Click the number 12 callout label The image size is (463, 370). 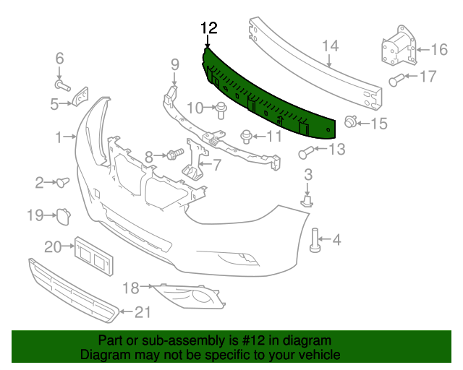click(208, 28)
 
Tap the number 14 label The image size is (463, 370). click(330, 47)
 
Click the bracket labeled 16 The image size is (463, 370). click(395, 50)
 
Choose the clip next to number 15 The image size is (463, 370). click(351, 122)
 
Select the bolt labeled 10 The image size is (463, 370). click(221, 110)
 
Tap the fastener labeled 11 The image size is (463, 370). click(247, 135)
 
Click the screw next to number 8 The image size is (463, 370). click(174, 154)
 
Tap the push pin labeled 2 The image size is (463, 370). click(61, 181)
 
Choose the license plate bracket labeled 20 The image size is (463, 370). click(92, 257)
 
